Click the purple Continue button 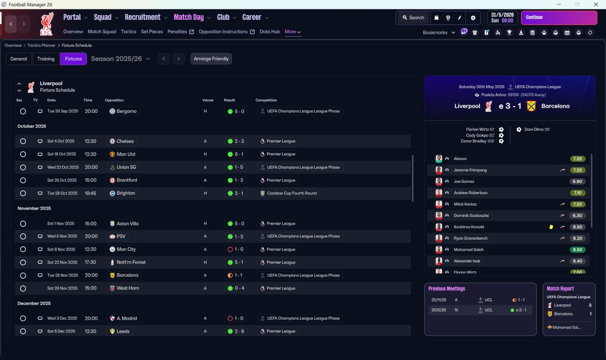point(559,18)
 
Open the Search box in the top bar point(413,18)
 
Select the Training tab point(46,59)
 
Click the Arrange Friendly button point(211,59)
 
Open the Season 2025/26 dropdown point(120,59)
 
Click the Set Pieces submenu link point(152,32)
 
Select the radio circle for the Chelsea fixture point(23,141)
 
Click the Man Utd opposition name point(126,154)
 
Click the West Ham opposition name point(128,288)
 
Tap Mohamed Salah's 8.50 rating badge point(577,250)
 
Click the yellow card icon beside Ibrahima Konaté point(551,227)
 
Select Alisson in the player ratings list point(460,159)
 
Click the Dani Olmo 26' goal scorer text point(537,129)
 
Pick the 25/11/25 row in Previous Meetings point(480,300)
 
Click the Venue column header point(208,100)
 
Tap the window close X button point(596,4)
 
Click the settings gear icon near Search point(473,18)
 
